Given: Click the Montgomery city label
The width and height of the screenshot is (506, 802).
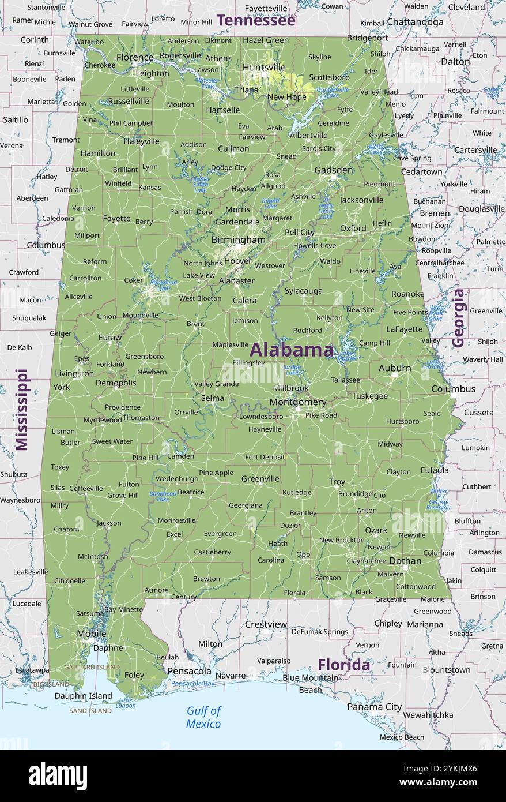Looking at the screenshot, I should (x=298, y=402).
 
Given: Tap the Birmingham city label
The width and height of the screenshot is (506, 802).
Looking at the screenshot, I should (x=238, y=239).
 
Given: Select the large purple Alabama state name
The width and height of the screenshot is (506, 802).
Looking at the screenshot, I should (x=291, y=350).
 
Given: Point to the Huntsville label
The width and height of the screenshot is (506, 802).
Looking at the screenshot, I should (x=264, y=67).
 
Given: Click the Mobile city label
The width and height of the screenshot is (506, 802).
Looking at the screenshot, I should (x=92, y=634).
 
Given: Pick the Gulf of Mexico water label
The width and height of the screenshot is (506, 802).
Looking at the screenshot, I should (x=203, y=717).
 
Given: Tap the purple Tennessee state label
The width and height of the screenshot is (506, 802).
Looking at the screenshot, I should (x=256, y=21).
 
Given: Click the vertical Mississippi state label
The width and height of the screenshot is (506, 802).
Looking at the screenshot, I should (x=21, y=409).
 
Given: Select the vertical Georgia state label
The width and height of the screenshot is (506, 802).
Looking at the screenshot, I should (x=458, y=317).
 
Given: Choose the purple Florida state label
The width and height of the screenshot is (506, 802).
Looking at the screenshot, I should (x=344, y=665).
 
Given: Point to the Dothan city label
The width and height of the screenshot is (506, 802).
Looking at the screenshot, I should (x=405, y=561).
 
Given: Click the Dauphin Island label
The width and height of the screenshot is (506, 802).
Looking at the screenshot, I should (x=83, y=696).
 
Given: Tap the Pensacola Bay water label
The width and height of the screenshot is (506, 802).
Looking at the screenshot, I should (x=192, y=684).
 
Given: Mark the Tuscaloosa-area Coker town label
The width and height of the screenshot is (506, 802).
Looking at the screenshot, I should (x=134, y=280).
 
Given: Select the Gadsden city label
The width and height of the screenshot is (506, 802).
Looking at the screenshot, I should (x=334, y=170).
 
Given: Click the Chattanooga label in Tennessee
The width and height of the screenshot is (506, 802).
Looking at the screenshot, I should (x=415, y=22).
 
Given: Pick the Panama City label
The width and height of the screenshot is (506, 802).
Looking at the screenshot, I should (x=374, y=707).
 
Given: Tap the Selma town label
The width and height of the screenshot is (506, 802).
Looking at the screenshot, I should (x=213, y=398).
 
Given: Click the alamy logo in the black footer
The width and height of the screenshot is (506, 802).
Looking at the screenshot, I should (x=58, y=776).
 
